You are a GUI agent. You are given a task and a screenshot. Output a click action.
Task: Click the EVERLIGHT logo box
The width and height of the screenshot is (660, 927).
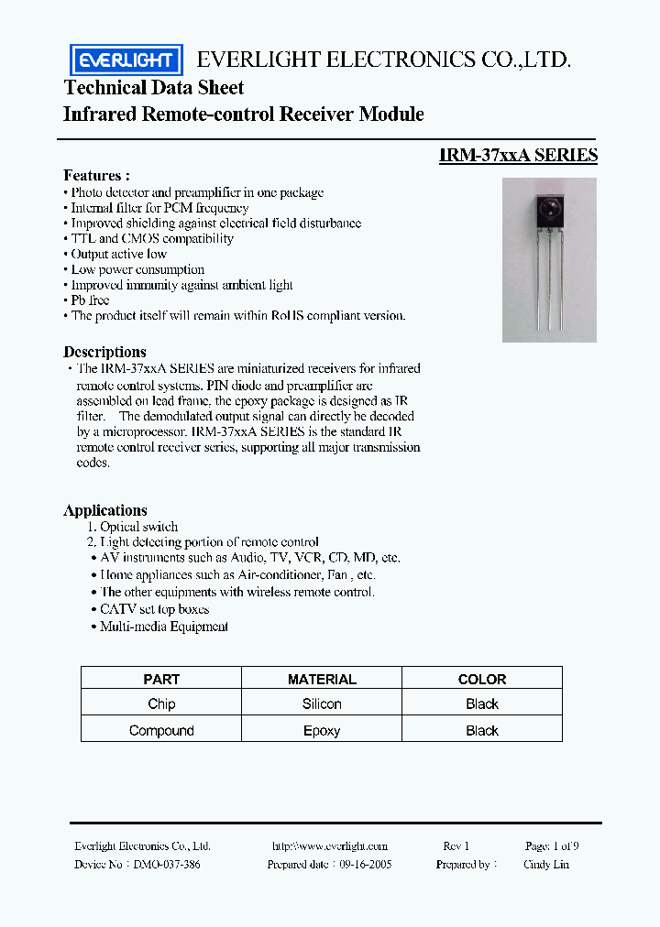pyautogui.click(x=126, y=60)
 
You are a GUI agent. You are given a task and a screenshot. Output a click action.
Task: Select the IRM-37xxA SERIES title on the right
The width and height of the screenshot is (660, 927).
pyautogui.click(x=518, y=156)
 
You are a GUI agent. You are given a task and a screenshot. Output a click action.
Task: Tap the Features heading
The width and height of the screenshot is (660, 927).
pyautogui.click(x=96, y=175)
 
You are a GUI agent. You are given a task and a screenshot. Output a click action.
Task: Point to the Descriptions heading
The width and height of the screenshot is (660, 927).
pyautogui.click(x=104, y=352)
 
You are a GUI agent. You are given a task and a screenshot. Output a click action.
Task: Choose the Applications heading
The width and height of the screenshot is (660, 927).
pyautogui.click(x=105, y=510)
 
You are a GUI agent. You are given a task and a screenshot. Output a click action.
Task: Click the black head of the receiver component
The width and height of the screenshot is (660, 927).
pyautogui.click(x=549, y=212)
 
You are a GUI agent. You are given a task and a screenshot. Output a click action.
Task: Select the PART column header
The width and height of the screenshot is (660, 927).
pyautogui.click(x=161, y=679)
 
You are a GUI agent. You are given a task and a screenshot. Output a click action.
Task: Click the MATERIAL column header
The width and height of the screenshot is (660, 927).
pyautogui.click(x=322, y=679)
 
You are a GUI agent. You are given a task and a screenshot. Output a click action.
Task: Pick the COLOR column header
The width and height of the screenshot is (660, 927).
pyautogui.click(x=482, y=679)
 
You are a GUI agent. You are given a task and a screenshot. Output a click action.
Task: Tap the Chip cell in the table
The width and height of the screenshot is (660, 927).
pyautogui.click(x=161, y=703)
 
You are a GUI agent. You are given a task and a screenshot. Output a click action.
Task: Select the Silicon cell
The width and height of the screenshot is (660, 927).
pyautogui.click(x=322, y=703)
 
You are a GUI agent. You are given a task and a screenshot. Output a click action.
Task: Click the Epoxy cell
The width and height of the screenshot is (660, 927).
pyautogui.click(x=322, y=730)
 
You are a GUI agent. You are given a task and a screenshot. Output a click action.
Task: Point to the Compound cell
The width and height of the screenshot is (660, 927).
pyautogui.click(x=161, y=730)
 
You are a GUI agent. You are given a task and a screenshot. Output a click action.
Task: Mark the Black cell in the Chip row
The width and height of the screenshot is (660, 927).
pyautogui.click(x=482, y=703)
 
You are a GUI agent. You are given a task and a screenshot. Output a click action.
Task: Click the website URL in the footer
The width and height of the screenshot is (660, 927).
pyautogui.click(x=330, y=846)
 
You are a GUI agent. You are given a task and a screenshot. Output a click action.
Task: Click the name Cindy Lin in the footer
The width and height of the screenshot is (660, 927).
pyautogui.click(x=546, y=864)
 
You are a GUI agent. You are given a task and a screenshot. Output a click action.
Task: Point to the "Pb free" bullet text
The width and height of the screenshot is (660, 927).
pyautogui.click(x=90, y=300)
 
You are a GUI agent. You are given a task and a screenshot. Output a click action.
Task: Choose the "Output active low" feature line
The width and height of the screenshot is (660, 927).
pyautogui.click(x=119, y=254)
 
